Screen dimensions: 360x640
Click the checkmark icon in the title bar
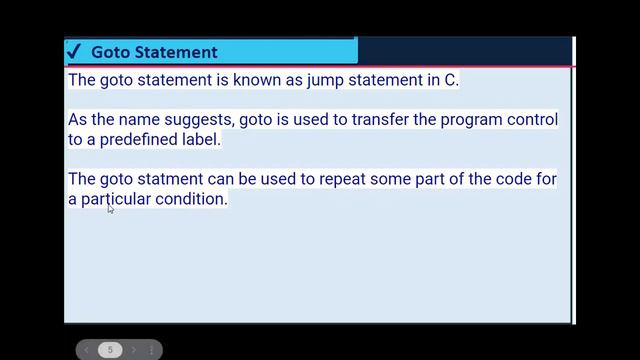point(73,51)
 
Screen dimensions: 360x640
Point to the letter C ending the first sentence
point(450,80)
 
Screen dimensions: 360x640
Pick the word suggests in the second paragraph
point(200,120)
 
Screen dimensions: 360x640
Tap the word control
point(530,120)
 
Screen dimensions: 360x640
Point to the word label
point(198,140)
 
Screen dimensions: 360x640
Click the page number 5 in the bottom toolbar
point(110,350)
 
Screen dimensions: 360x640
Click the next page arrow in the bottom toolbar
point(133,350)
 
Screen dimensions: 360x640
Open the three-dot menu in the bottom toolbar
point(152,350)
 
